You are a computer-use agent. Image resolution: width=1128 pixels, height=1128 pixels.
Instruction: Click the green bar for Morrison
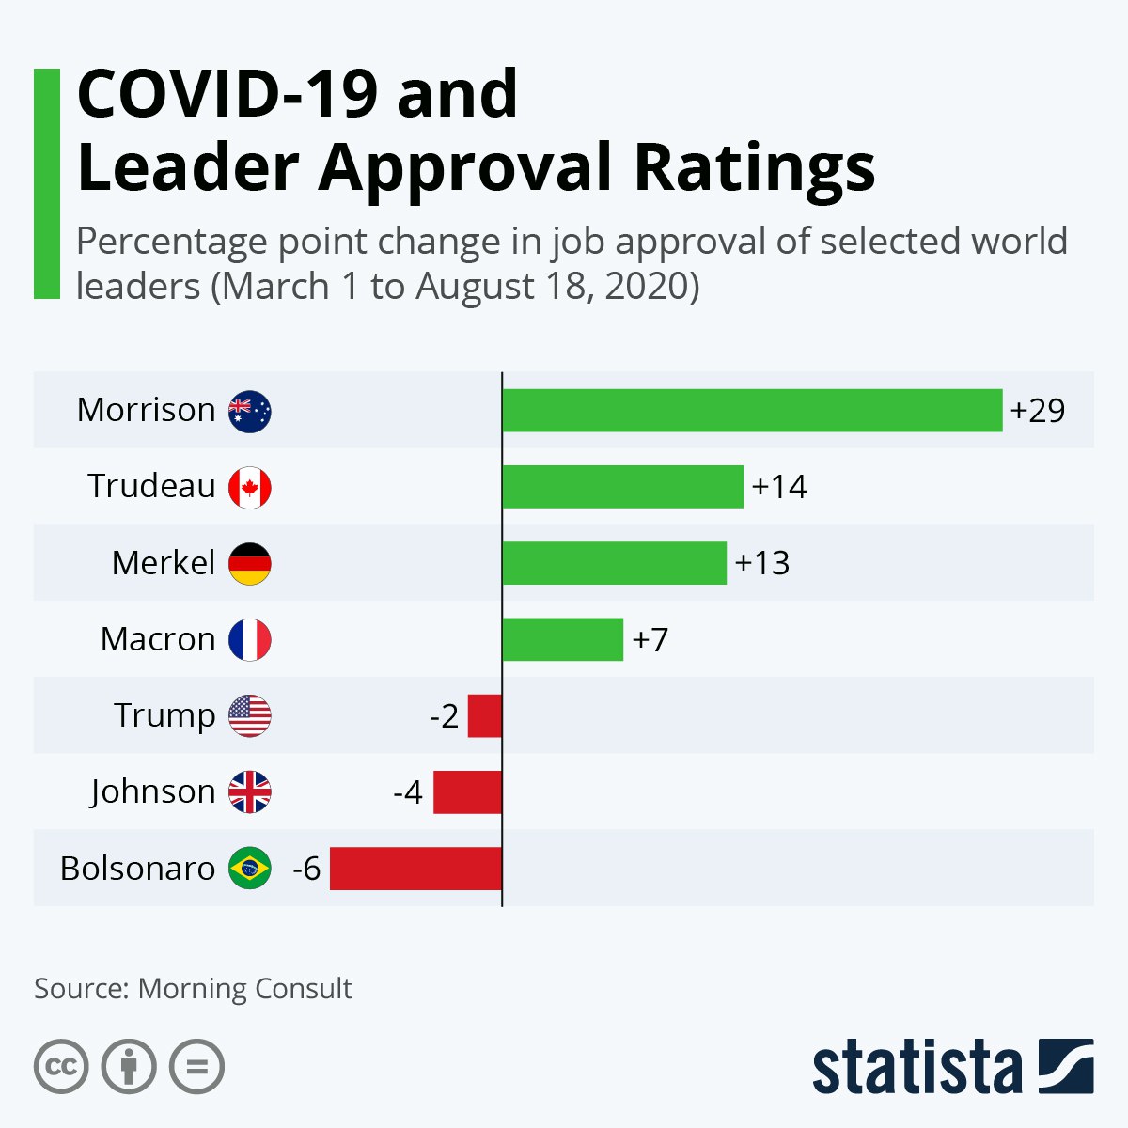752,410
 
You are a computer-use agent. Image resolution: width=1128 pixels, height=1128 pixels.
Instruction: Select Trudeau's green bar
622,486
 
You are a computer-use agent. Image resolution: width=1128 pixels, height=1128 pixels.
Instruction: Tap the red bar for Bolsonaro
415,868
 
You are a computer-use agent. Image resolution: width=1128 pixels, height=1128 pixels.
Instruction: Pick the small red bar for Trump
485,715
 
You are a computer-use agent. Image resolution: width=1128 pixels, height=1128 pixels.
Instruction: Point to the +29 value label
1038,411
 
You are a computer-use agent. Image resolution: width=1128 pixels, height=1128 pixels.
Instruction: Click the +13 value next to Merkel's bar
762,563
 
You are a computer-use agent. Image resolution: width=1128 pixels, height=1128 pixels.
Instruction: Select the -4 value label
408,792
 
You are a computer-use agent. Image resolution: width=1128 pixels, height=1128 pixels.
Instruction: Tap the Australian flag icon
250,411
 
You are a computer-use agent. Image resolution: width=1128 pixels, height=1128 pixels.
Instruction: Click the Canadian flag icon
250,487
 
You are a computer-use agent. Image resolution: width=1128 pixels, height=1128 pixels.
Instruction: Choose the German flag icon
250,563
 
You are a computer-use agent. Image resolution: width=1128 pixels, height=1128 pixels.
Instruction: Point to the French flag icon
250,639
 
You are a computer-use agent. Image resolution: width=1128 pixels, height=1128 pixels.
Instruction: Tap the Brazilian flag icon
250,868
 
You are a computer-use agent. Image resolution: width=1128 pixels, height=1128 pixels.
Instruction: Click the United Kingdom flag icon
250,791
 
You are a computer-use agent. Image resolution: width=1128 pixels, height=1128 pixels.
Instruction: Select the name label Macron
158,639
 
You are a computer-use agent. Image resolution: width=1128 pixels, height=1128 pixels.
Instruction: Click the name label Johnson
153,791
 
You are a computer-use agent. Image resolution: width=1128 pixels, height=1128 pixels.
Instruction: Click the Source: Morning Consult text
193,988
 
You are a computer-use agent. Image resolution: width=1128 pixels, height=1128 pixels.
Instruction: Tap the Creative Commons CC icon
61,1067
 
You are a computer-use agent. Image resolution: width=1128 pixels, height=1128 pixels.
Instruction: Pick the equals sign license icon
197,1067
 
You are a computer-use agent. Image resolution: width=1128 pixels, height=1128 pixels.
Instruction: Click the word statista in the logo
916,1067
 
